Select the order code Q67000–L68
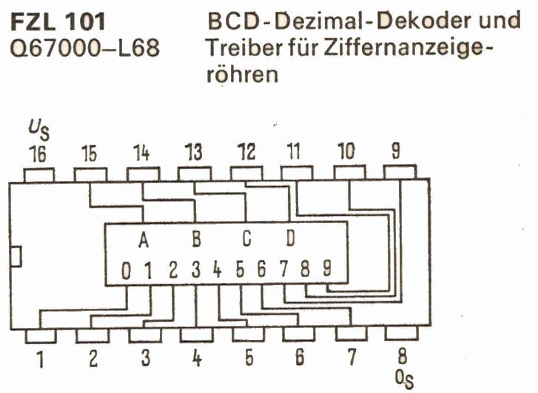(x=84, y=49)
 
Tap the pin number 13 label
(x=193, y=153)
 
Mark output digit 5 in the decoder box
(x=240, y=270)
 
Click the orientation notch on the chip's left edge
(x=16, y=257)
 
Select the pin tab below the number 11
(x=297, y=173)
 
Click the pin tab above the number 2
(x=92, y=335)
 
